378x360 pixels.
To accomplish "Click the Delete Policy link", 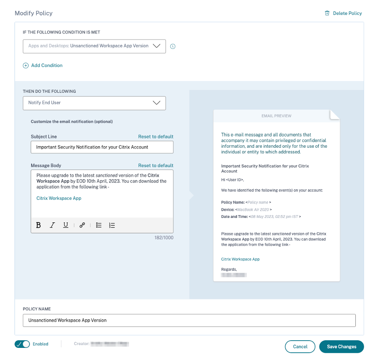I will pos(343,13).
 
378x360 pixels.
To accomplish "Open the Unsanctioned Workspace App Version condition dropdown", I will pos(94,46).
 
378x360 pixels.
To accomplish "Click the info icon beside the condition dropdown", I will pos(173,46).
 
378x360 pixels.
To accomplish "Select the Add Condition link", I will pos(43,65).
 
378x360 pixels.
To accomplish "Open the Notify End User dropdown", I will pos(94,103).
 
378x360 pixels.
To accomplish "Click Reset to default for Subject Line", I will pos(155,137).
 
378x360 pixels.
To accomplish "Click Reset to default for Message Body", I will pos(155,165).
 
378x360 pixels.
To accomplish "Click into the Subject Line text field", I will pos(102,147).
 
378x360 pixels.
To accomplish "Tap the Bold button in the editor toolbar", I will pos(38,225).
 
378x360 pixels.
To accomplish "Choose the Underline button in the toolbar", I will pos(65,225).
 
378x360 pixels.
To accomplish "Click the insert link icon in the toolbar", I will pos(82,225).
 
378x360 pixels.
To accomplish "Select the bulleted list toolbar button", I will pos(99,225).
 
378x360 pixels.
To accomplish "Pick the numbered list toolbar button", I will pos(112,225).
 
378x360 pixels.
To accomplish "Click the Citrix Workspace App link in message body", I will pos(59,198).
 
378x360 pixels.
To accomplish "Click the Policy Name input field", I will pos(189,320).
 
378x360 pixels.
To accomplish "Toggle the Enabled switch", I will pos(22,344).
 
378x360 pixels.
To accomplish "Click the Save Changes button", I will pos(341,347).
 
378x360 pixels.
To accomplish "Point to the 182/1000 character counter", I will pos(164,238).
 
